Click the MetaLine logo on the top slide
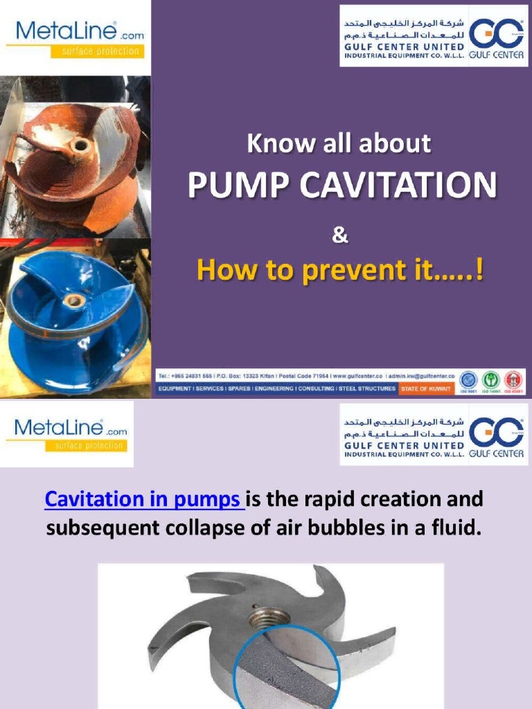[x=75, y=37]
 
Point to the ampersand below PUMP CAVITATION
[x=339, y=236]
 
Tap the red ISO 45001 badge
[x=513, y=379]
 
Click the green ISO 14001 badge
[x=491, y=379]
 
